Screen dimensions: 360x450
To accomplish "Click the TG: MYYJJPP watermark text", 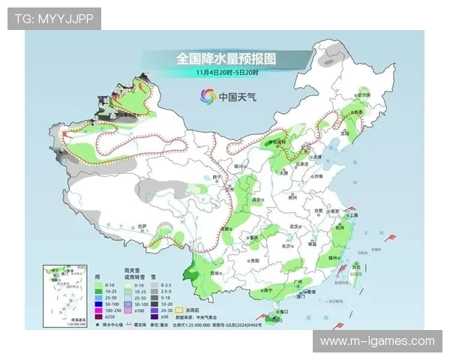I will [x=54, y=18].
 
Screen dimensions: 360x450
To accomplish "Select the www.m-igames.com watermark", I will [x=377, y=341].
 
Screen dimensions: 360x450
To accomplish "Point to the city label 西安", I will [x=259, y=200].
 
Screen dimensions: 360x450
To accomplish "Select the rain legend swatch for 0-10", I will [x=100, y=286].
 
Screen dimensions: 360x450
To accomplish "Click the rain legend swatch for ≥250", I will [x=100, y=317].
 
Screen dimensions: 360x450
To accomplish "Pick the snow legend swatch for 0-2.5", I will [x=154, y=286].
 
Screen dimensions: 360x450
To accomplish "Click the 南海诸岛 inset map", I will [x=64, y=295].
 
